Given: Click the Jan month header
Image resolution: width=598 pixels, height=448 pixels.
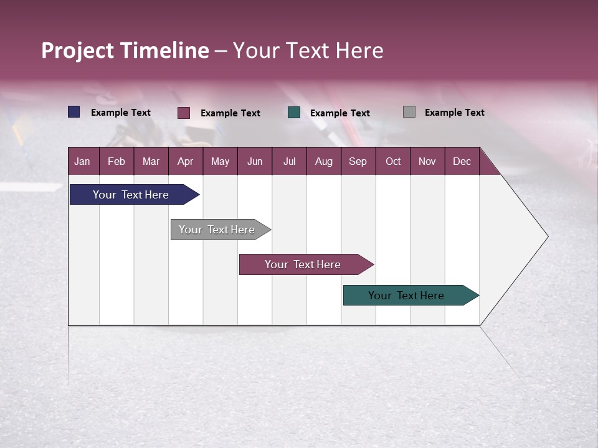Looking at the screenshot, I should [x=82, y=161].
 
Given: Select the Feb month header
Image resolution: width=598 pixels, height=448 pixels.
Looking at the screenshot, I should [x=116, y=161].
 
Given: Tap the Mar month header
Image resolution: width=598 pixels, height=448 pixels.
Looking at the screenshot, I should [x=151, y=161].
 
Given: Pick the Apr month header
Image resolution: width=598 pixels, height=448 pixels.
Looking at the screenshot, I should [x=185, y=161].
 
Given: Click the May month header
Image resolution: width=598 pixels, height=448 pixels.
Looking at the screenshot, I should [x=220, y=161].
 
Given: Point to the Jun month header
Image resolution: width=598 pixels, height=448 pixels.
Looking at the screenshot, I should [x=255, y=161].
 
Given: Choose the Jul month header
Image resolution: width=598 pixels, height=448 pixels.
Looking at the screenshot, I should [x=289, y=161].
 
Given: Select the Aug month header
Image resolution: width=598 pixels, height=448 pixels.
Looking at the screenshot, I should [x=323, y=161].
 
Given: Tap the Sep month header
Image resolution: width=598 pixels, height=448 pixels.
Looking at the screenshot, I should [x=358, y=161].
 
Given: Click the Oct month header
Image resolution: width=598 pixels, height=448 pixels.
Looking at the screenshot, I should [x=393, y=161].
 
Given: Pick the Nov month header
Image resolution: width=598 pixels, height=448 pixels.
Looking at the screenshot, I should [x=427, y=161].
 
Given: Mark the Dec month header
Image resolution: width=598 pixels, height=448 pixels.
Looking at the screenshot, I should [x=462, y=161].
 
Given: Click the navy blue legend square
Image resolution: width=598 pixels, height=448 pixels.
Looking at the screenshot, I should [x=74, y=112].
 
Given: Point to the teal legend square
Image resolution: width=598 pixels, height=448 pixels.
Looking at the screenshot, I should [x=294, y=113].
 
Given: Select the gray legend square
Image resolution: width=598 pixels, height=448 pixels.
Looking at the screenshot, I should [x=409, y=112].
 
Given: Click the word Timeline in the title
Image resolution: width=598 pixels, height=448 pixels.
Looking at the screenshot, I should [x=165, y=50].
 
